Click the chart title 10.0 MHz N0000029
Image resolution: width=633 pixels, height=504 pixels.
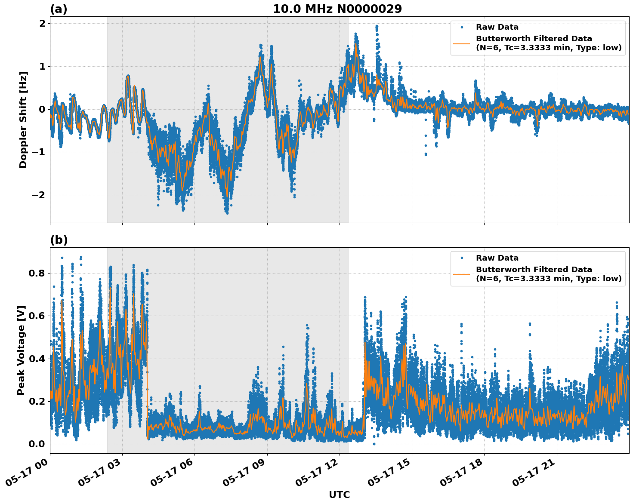point(337,9)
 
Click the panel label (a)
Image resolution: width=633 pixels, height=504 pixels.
point(59,9)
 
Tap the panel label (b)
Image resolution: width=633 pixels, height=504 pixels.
point(59,240)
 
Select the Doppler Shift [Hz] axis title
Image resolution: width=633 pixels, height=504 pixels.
point(23,120)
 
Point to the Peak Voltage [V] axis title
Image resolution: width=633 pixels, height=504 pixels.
point(21,350)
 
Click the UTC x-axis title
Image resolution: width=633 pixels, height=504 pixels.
point(339,495)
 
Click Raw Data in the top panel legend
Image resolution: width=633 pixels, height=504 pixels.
point(497,27)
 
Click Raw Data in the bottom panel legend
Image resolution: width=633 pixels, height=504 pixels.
point(497,258)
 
